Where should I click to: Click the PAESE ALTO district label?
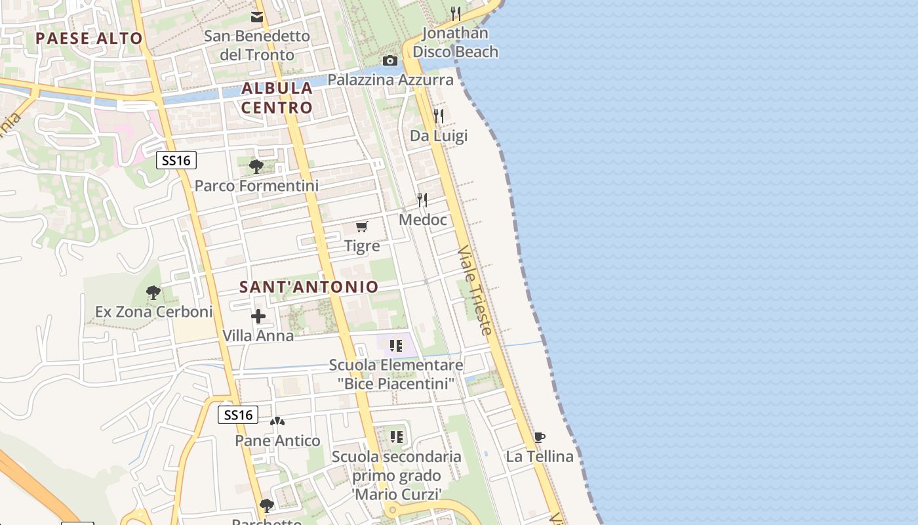tap(89, 38)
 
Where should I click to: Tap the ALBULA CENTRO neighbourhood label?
tap(277, 97)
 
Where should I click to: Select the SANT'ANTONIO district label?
tap(309, 287)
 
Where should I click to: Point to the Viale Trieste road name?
tap(475, 290)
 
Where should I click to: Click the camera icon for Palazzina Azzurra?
tap(390, 61)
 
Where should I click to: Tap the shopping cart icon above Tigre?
tap(361, 227)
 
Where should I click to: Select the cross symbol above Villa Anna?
tap(258, 316)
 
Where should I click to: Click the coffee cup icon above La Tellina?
tap(539, 437)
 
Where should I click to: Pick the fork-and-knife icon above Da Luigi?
tap(439, 117)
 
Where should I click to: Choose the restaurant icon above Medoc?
tap(422, 200)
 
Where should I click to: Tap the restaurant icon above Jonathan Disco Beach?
tap(456, 13)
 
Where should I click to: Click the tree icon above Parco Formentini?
tap(256, 166)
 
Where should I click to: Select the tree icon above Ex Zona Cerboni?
tap(153, 292)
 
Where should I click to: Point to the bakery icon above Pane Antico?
tap(277, 421)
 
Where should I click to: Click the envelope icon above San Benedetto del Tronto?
tap(257, 16)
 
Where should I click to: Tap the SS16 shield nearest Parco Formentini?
tap(176, 159)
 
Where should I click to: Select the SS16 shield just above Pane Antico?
tap(237, 415)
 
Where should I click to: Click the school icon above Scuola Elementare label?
tap(395, 346)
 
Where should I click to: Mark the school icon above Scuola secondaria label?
tap(396, 437)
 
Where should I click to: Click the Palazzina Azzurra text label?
tap(391, 80)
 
